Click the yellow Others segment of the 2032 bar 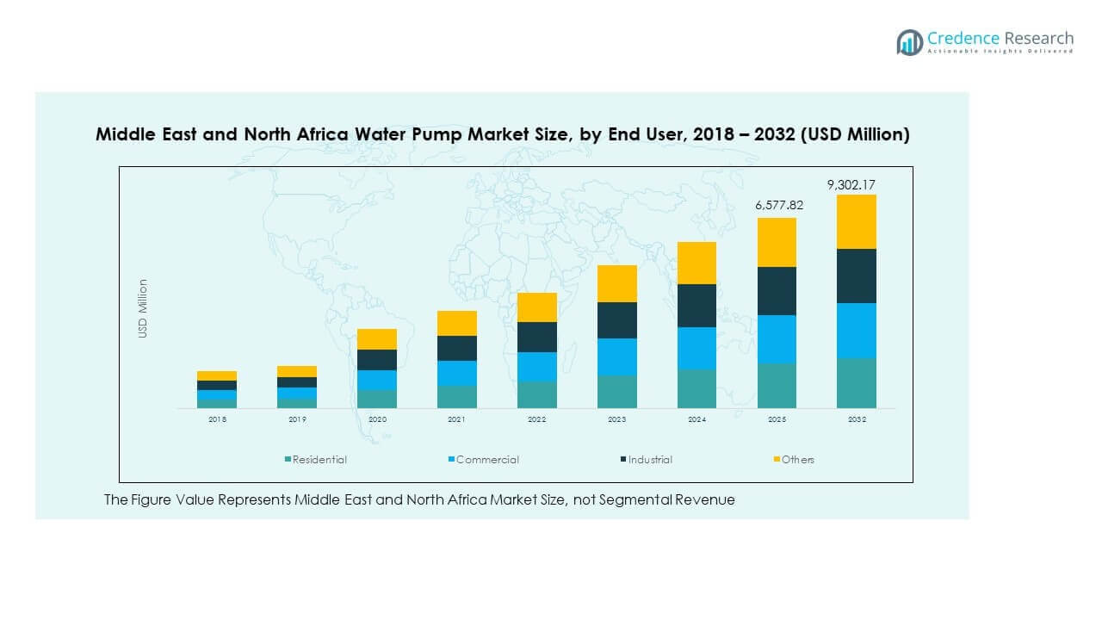856,221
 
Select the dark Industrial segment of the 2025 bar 777,291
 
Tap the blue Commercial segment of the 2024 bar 696,348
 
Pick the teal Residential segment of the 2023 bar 616,391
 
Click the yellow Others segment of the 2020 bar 376,338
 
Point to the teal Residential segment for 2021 456,396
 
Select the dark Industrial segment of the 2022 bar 536,337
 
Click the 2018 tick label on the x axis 217,419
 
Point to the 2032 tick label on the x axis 856,419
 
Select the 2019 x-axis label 297,419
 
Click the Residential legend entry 319,460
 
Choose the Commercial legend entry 486,460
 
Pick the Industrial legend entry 649,460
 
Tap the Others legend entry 797,460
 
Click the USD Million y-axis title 144,308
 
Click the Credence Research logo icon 909,42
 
